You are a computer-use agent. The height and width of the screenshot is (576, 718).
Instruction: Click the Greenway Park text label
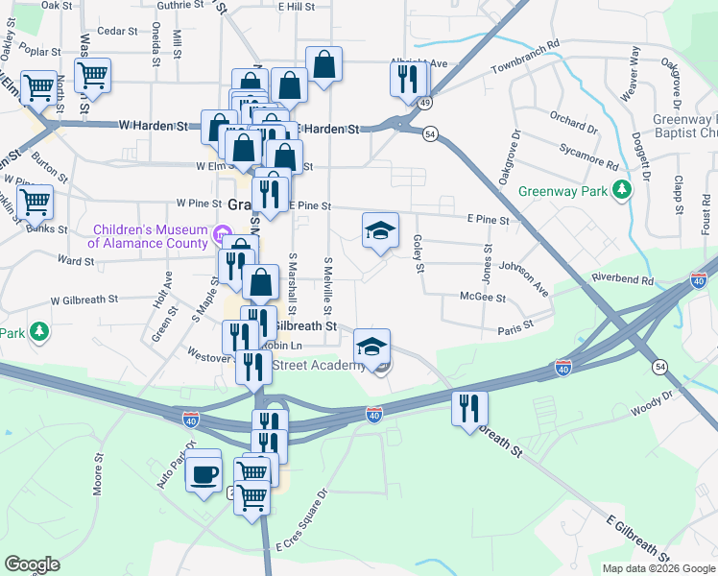[x=563, y=191]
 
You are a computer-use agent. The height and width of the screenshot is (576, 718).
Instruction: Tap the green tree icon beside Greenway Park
[x=623, y=190]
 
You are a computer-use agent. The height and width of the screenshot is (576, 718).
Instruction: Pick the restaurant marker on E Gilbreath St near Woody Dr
[x=469, y=407]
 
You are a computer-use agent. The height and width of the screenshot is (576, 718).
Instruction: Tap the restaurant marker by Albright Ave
[x=408, y=80]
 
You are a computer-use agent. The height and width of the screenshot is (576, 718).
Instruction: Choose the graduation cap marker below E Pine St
[x=380, y=230]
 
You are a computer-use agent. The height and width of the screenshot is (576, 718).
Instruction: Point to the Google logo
[x=33, y=564]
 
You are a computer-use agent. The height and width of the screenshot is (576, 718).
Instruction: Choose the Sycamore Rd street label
[x=591, y=156]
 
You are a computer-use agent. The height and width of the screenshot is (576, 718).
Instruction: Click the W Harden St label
[x=153, y=126]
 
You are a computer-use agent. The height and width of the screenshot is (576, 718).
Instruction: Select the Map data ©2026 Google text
[x=658, y=568]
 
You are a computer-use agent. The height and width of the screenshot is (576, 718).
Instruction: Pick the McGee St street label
[x=483, y=298]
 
